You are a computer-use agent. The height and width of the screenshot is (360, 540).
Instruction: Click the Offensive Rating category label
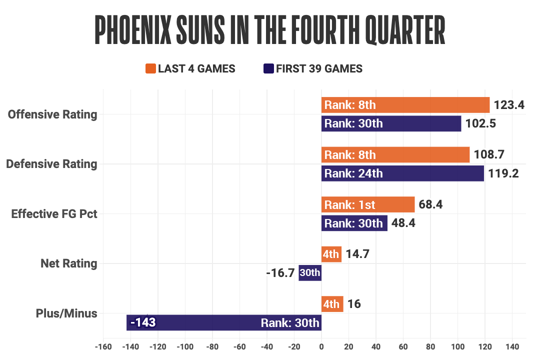point(52,114)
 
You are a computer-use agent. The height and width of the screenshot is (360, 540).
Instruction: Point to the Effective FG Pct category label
point(54,214)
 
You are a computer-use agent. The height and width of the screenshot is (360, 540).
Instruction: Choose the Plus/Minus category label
point(66,313)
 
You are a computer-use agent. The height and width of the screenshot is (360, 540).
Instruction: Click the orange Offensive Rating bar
point(405,105)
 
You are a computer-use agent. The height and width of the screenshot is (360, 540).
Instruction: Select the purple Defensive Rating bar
point(402,173)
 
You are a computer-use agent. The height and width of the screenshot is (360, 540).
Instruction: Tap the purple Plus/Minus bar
point(224,322)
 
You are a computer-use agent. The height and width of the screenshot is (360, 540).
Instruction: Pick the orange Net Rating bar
point(331,254)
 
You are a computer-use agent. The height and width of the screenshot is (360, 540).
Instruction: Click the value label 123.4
point(509,105)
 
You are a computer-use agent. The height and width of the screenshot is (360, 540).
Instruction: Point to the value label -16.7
point(280,273)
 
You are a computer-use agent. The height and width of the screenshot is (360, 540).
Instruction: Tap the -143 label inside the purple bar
point(142,322)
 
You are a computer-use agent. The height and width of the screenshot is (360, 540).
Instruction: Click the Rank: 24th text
point(353,173)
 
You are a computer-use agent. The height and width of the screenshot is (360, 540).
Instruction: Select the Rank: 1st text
point(349,204)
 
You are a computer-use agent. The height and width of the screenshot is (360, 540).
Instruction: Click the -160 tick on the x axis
point(103,346)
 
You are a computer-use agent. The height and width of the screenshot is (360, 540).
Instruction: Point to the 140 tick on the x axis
point(512,346)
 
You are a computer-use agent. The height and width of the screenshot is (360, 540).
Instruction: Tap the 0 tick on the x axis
point(321,346)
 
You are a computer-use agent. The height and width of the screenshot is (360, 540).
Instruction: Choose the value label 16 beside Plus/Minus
point(354,304)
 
